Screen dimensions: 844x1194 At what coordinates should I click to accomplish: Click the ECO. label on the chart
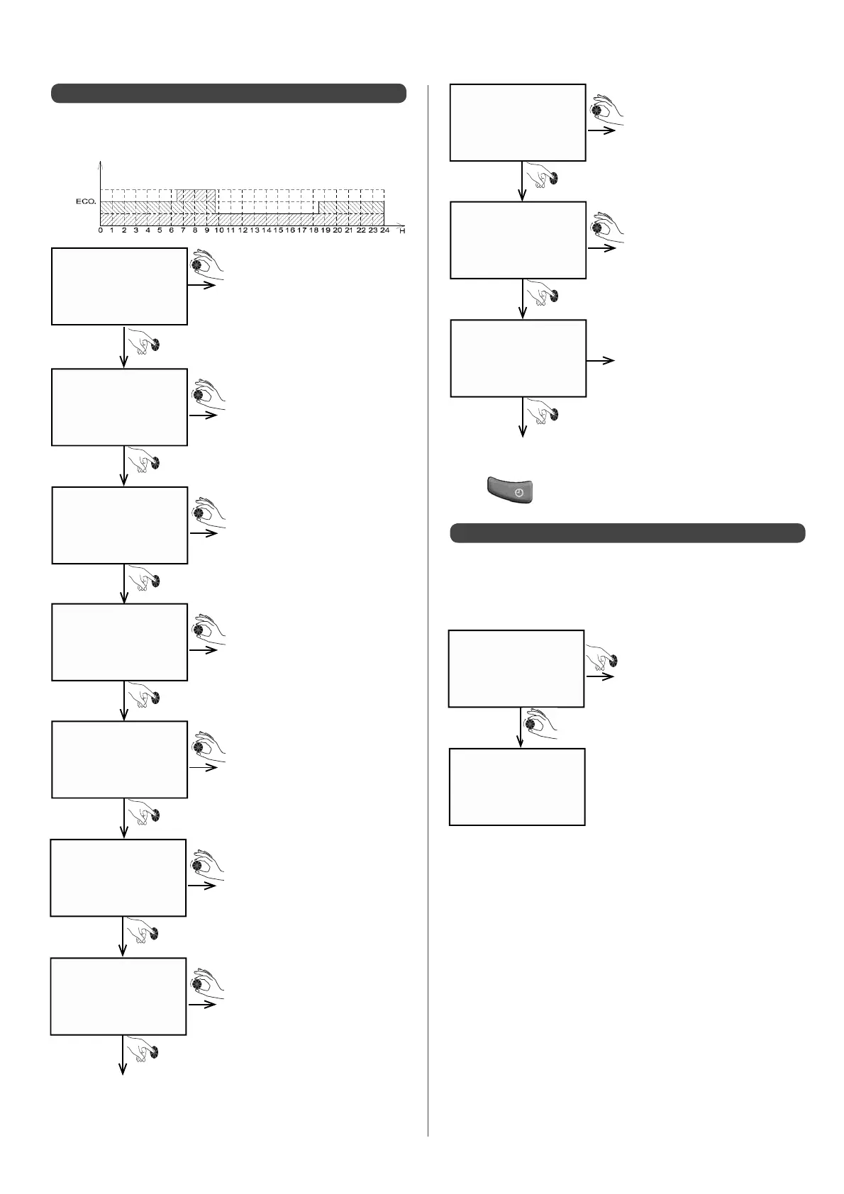tap(85, 202)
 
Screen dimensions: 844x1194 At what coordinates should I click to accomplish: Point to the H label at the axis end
tap(402, 231)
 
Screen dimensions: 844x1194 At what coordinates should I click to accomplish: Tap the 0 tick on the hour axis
tap(101, 230)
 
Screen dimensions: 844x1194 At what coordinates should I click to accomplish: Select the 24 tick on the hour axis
tap(384, 230)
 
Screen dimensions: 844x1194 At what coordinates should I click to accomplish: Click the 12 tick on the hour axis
tap(243, 230)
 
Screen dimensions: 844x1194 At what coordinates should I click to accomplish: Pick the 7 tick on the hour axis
tap(183, 230)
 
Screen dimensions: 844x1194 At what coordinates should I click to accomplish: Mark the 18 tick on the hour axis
tap(313, 230)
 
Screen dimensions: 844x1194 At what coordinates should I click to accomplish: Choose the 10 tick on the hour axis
tap(218, 230)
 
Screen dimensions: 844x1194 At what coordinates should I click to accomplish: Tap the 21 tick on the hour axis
tap(349, 230)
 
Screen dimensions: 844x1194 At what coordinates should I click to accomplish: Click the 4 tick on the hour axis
tap(148, 230)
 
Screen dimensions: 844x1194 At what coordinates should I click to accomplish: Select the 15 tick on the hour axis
tap(278, 230)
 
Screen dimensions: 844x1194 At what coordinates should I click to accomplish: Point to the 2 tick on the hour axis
tap(124, 230)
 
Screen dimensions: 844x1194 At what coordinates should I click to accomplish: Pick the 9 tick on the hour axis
tap(207, 230)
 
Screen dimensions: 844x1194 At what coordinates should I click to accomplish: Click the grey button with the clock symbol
tap(510, 491)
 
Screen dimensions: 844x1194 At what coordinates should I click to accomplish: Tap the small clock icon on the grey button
tap(519, 492)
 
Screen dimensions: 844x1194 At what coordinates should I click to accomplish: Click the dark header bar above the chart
tap(228, 94)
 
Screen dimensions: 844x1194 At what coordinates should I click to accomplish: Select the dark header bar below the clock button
tap(628, 533)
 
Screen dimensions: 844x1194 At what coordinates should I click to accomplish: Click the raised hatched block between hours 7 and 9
tap(196, 196)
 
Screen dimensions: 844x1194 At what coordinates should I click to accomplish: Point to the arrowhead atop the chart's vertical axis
tap(101, 162)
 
